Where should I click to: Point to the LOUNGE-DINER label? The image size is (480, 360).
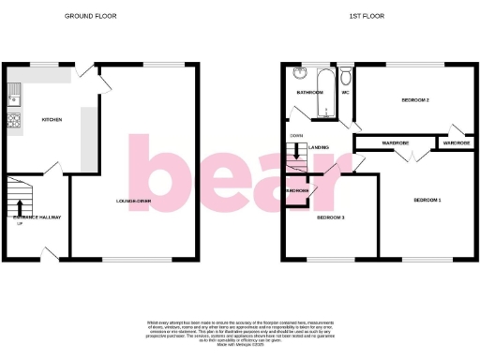coord(134,202)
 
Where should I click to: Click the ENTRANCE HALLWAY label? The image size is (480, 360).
coord(37,217)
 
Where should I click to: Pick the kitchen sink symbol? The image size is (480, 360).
coord(13,92)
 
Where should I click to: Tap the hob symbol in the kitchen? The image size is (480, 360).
coord(13,121)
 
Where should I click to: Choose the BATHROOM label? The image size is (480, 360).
coord(309,93)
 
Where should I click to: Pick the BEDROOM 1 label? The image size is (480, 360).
coord(427,200)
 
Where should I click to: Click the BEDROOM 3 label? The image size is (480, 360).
coord(330,217)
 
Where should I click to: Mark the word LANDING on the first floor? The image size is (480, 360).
coord(319,146)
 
